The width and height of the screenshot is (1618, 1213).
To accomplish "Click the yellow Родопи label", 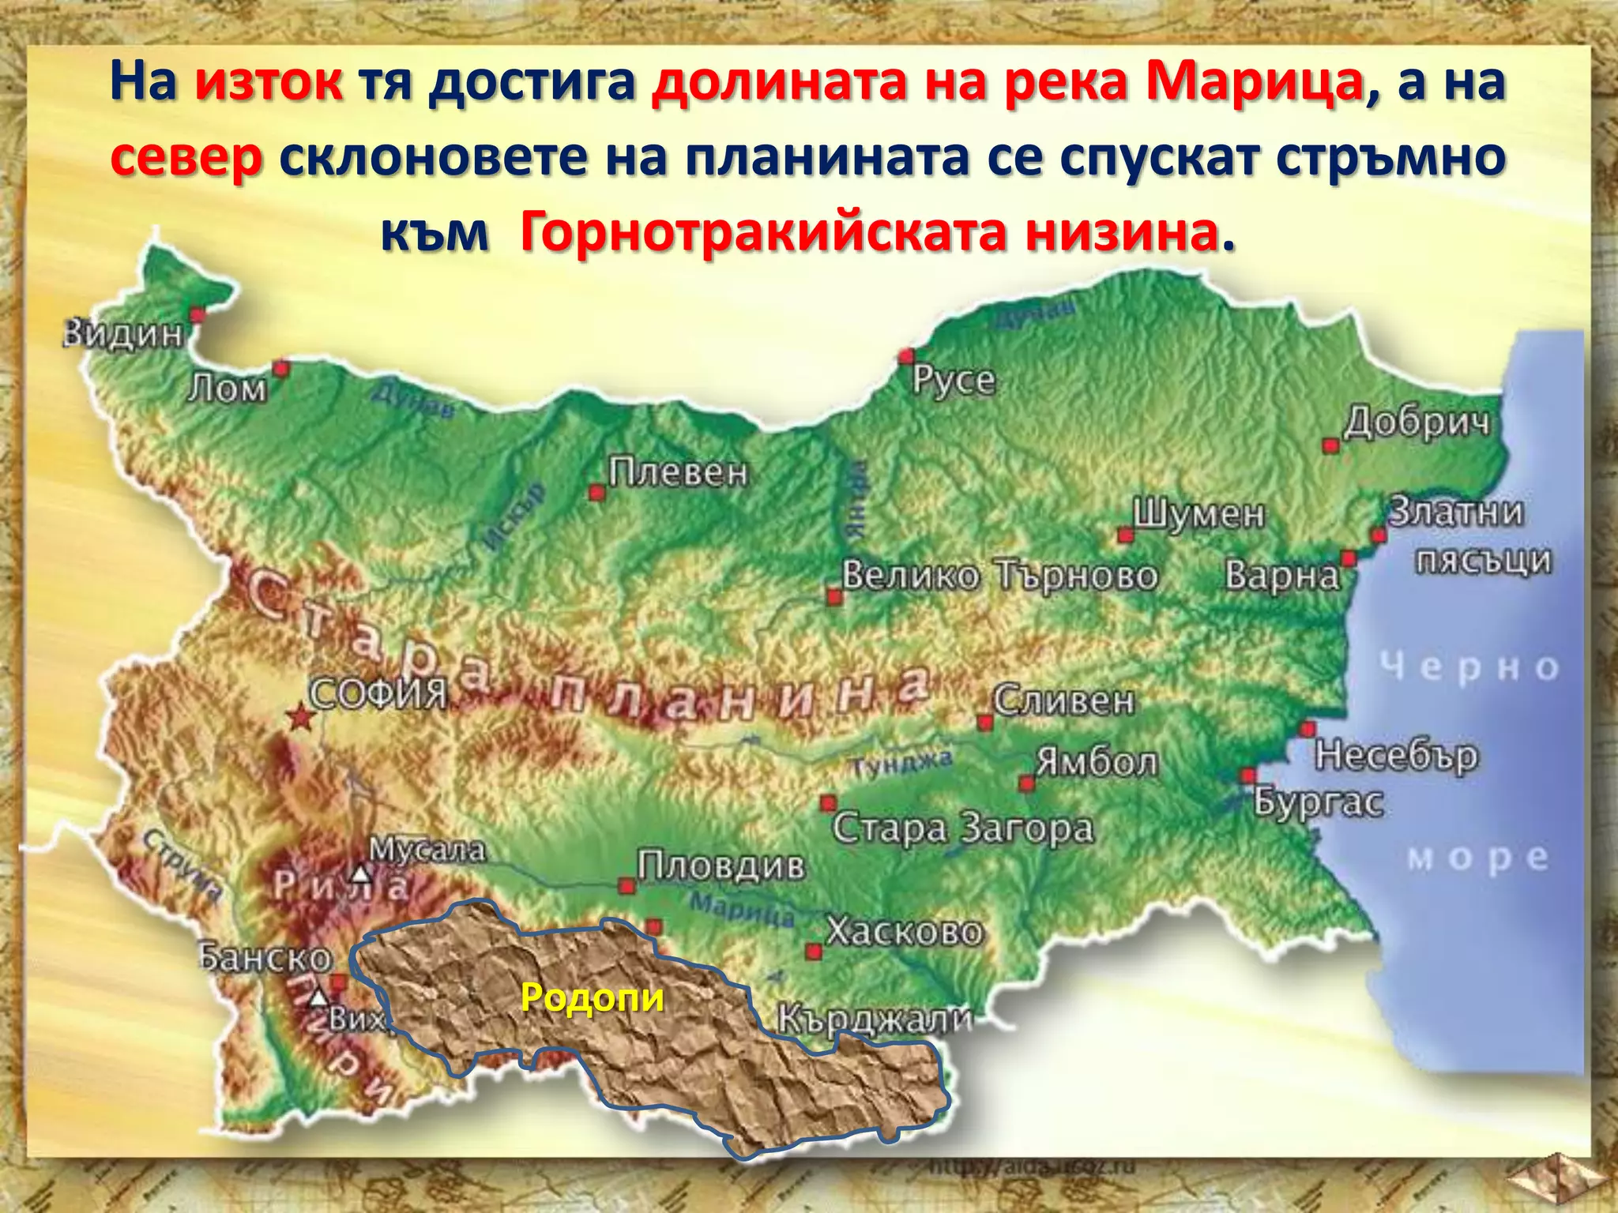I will point(593,998).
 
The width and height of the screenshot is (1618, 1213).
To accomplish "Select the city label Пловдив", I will point(721,866).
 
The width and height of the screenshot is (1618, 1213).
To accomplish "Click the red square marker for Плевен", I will point(597,493).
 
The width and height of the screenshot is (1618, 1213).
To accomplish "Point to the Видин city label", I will point(123,335).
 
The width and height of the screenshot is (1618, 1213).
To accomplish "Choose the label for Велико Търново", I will point(999,576).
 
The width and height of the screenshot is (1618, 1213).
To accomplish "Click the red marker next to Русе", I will point(906,356).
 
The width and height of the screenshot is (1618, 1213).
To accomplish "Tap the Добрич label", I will point(1417,422).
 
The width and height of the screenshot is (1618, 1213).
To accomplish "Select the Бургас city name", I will point(1319,803).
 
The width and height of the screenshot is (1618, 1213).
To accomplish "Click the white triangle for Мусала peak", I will point(361,874).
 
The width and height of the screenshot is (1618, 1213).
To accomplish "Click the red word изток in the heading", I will point(269,83).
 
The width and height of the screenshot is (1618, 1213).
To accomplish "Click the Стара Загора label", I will point(962,828).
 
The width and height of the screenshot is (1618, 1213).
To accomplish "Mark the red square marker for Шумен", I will point(1125,535).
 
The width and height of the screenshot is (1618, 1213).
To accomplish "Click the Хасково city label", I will point(905,933).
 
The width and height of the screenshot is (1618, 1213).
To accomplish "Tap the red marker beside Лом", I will point(280,368).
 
